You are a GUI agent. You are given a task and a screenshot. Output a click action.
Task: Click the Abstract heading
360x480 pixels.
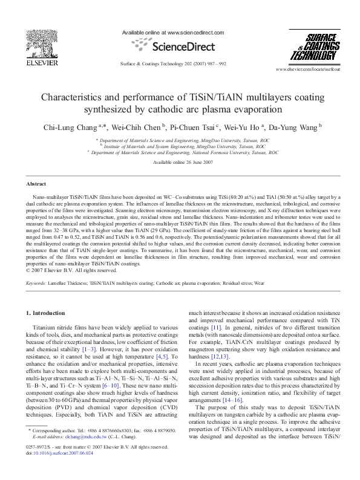click(37, 183)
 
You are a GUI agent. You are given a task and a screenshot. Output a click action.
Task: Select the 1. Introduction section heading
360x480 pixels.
click(47, 313)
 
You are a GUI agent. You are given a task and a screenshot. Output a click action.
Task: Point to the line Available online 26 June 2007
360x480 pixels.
click(180, 162)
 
